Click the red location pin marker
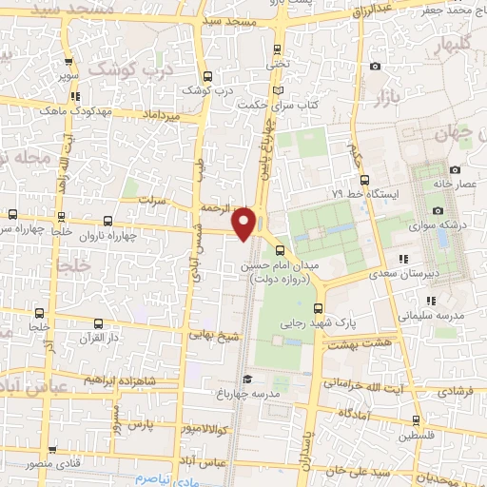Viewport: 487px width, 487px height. (245, 222)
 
